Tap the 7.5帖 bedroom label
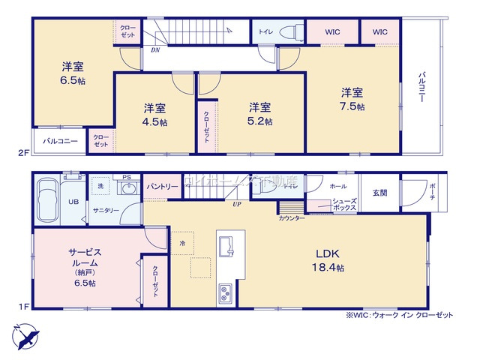[x=352, y=99]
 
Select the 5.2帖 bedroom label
[x=260, y=114]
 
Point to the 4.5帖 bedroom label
[x=155, y=114]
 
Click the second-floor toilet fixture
[x=289, y=31]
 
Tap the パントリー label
[x=162, y=186]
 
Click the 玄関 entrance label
[x=380, y=193]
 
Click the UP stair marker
[x=237, y=203]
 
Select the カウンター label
[x=292, y=217]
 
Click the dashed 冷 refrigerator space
[x=182, y=242]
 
